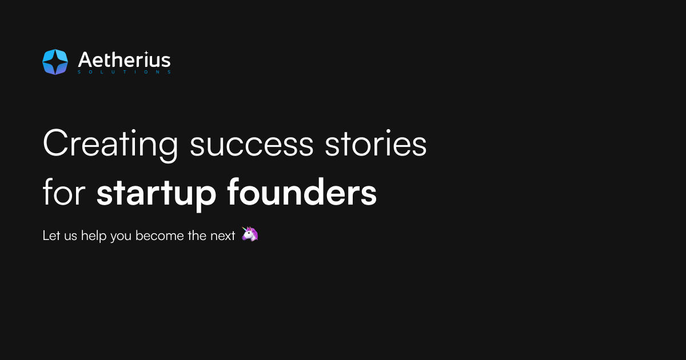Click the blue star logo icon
click(55, 62)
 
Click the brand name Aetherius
click(124, 60)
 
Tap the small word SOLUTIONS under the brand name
click(124, 73)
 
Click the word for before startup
click(63, 194)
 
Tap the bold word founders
click(302, 194)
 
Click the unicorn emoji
click(250, 234)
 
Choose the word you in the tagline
click(121, 237)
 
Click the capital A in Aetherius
click(84, 60)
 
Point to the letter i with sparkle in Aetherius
click(147, 59)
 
